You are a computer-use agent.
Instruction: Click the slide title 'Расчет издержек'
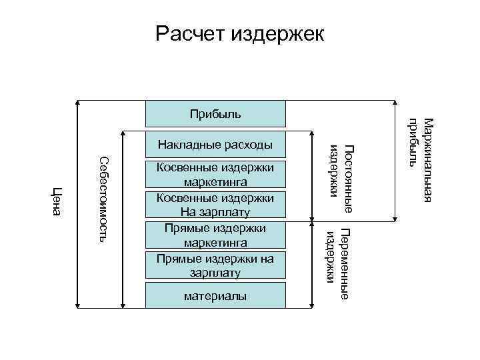pos(240,33)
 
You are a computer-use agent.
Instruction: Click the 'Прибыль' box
pos(216,114)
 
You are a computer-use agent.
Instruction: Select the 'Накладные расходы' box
pos(216,144)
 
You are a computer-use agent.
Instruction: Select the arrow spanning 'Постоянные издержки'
pos(311,177)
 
